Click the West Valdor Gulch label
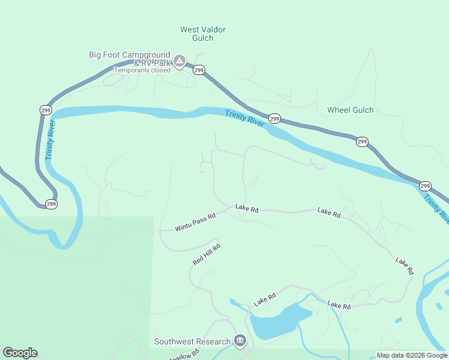click(x=203, y=34)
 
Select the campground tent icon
click(x=179, y=61)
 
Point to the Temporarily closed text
click(x=142, y=70)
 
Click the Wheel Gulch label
click(x=350, y=110)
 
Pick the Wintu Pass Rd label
click(x=195, y=223)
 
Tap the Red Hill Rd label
click(x=206, y=254)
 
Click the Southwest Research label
click(x=192, y=341)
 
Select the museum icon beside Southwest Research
click(x=240, y=341)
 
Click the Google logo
click(x=20, y=353)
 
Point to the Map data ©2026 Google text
click(x=412, y=355)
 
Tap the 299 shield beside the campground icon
click(x=199, y=70)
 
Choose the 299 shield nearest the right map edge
click(x=425, y=186)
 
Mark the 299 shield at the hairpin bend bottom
click(x=51, y=204)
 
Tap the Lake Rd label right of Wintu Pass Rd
click(x=247, y=209)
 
